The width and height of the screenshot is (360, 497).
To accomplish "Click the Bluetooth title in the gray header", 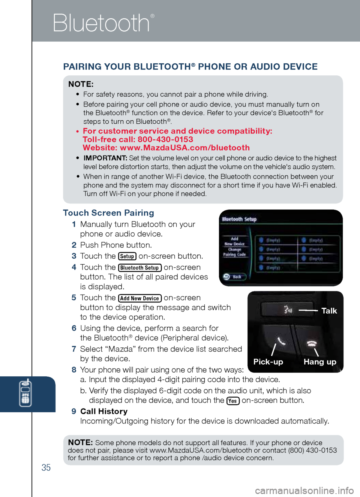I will coord(101,23).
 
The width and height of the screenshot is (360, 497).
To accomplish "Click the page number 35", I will coord(46,467).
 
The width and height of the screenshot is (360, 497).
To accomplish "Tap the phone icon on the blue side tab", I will coord(25,393).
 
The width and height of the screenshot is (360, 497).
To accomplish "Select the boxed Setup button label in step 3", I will coord(127,256).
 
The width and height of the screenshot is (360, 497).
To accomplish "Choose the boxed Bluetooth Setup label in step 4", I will coord(139,268).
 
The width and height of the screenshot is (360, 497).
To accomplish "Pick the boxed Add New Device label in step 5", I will coord(139,298).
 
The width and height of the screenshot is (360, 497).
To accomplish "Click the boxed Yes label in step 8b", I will coord(232,401).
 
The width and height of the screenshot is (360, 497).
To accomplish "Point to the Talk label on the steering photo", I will coord(329,311).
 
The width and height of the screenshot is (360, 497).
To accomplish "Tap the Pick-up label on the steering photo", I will coord(268,362).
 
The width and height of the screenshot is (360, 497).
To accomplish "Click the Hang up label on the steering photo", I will coord(320,362).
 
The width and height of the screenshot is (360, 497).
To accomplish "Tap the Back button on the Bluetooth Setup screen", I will coord(234,277).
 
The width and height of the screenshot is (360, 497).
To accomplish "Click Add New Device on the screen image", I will coord(234,241).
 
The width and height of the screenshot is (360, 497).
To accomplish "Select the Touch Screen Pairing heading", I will coord(108,213).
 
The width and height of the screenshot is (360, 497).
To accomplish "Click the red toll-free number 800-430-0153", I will coord(165,139).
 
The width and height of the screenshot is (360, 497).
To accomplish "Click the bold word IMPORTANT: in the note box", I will coord(105,158).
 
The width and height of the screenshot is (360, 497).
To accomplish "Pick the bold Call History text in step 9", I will coord(104,412).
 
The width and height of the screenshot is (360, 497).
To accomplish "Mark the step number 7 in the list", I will coord(74,349).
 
